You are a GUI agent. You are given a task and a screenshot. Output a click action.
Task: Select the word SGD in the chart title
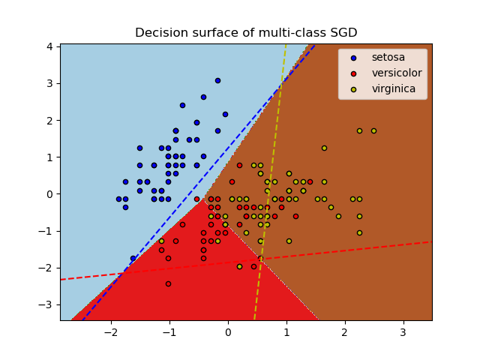[x=343, y=32]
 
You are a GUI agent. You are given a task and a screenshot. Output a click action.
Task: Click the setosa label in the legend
[x=388, y=57]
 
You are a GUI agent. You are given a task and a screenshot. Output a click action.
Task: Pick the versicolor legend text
[x=397, y=73]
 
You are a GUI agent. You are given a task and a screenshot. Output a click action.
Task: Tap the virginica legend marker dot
[x=353, y=89]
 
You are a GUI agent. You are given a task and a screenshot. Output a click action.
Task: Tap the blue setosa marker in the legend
[x=353, y=58]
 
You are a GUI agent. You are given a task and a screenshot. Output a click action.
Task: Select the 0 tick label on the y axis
[x=49, y=194]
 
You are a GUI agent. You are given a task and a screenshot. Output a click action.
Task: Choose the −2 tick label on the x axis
[x=111, y=332]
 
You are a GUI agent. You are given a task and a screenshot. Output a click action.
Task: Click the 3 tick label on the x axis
[x=403, y=332]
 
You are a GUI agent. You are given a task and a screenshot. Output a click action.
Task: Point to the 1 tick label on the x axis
[x=286, y=332]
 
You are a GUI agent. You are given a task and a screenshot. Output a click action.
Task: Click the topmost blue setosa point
[x=217, y=81]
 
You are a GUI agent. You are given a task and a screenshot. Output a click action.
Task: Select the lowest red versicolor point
[x=168, y=283]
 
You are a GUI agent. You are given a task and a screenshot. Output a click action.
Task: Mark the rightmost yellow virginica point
[x=373, y=131]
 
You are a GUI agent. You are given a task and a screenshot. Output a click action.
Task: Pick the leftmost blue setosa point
[x=118, y=199]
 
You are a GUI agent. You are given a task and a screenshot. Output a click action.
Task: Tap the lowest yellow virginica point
[x=240, y=267]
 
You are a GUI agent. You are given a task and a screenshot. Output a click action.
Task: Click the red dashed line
[x=247, y=261]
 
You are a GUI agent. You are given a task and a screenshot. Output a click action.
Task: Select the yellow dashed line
[x=270, y=182]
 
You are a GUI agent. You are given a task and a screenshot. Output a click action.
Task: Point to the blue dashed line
[x=199, y=182]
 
